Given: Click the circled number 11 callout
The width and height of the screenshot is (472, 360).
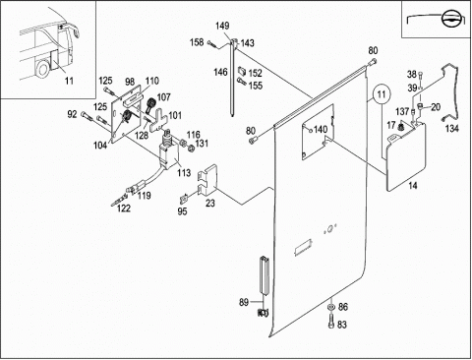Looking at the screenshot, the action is click(382, 94).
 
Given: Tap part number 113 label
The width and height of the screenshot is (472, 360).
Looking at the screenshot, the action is click(184, 173).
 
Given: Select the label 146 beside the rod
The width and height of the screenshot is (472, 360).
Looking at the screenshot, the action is click(220, 72).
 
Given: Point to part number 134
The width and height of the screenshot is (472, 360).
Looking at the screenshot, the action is click(451, 129).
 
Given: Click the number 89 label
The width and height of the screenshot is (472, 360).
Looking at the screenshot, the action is click(244, 302).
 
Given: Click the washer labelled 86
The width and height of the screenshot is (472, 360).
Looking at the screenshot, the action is click(331, 307).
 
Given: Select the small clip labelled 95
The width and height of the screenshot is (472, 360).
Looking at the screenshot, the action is click(184, 199).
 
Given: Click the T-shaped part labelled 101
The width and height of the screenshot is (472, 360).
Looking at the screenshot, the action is click(158, 120).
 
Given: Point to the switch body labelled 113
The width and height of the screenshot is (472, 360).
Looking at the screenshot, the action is click(168, 155).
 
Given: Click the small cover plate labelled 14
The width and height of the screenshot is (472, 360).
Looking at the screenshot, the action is click(406, 156).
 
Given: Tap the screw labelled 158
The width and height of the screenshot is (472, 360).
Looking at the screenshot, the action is click(211, 44).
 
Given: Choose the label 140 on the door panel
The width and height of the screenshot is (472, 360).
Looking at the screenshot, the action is click(321, 130).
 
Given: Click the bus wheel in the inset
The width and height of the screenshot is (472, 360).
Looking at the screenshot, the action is click(41, 71).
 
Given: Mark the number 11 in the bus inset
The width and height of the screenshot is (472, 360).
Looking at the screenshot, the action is click(69, 81).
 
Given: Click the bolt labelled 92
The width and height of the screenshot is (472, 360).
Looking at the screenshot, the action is click(86, 116).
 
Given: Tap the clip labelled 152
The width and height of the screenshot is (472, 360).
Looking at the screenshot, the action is click(242, 70).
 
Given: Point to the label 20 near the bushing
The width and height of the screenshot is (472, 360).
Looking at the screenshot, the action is click(436, 107).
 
